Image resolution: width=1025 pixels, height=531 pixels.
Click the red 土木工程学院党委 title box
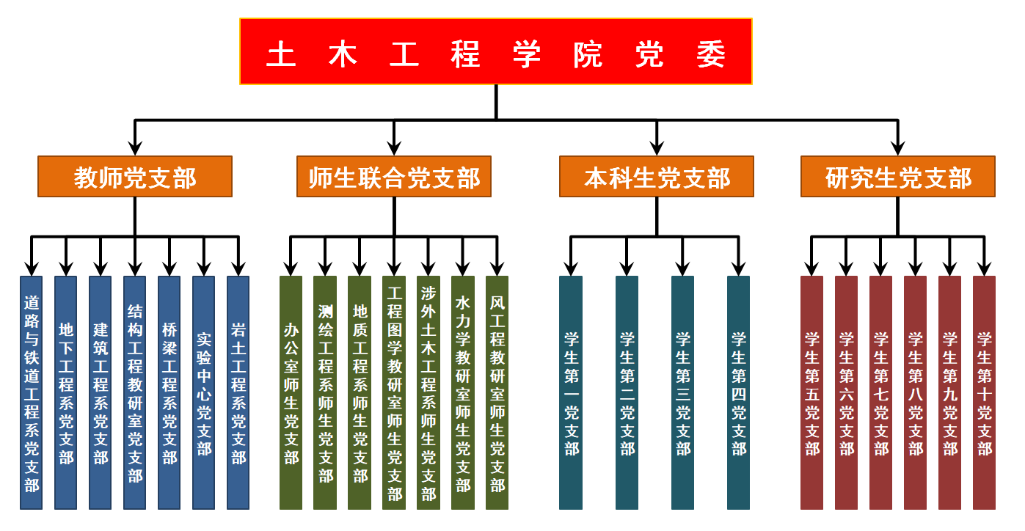click(x=495, y=51)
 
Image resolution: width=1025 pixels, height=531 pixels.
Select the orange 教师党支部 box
click(x=135, y=177)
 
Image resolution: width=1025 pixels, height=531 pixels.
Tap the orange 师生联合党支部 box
click(x=394, y=177)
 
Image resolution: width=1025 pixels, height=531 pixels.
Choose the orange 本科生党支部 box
click(x=656, y=177)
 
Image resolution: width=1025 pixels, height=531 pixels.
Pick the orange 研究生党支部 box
click(x=898, y=177)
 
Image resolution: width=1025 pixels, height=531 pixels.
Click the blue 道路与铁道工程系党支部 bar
click(x=31, y=392)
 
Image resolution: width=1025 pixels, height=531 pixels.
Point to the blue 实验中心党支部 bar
click(x=203, y=392)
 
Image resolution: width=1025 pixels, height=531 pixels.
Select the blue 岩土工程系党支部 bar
click(x=238, y=392)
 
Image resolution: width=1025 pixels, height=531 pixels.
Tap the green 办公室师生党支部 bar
click(x=291, y=392)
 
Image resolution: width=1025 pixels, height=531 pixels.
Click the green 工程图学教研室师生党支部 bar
click(x=394, y=392)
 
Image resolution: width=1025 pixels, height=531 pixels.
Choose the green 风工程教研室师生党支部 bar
click(x=497, y=392)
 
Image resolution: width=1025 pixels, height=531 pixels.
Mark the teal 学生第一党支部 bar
click(x=571, y=392)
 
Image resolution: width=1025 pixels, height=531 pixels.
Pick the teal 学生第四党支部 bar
click(x=739, y=392)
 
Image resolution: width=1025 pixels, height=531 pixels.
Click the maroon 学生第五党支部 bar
click(x=811, y=392)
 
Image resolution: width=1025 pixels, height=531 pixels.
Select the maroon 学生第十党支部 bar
click(x=984, y=392)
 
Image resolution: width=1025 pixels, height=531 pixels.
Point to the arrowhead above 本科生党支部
click(x=656, y=147)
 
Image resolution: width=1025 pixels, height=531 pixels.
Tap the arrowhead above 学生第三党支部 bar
click(x=683, y=267)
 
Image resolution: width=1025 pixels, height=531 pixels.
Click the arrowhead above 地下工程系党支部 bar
click(x=66, y=267)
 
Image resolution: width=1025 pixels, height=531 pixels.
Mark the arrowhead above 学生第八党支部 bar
click(x=915, y=267)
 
